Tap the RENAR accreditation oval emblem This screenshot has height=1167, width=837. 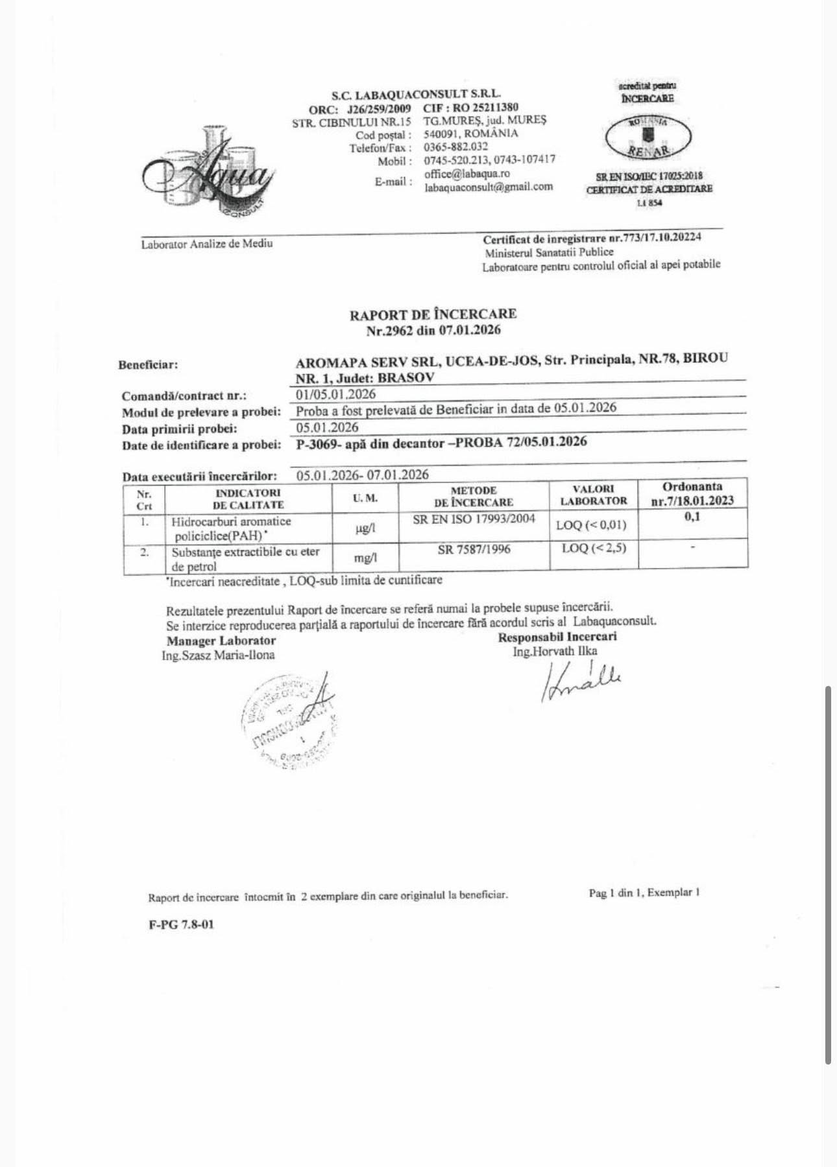click(x=648, y=137)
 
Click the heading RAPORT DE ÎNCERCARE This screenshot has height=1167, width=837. click(x=433, y=314)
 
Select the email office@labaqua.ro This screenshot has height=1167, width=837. click(x=467, y=174)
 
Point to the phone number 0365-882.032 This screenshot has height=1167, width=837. click(x=455, y=147)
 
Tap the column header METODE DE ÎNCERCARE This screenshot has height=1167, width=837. click(x=474, y=496)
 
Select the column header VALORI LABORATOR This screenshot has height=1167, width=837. click(x=594, y=495)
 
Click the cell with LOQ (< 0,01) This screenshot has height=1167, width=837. click(x=592, y=525)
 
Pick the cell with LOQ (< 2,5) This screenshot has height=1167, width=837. click(x=594, y=548)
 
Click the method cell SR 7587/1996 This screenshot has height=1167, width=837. click(x=474, y=549)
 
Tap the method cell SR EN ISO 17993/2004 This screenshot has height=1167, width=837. click(x=474, y=519)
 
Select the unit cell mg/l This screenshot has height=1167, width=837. click(x=365, y=557)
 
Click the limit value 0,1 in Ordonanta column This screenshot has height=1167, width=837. click(x=692, y=517)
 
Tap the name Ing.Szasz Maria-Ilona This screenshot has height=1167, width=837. click(x=218, y=655)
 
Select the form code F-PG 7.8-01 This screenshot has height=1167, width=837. click(x=181, y=925)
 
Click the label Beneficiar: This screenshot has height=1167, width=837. click(x=148, y=364)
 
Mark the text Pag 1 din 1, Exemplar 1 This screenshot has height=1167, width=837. click(x=644, y=893)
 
